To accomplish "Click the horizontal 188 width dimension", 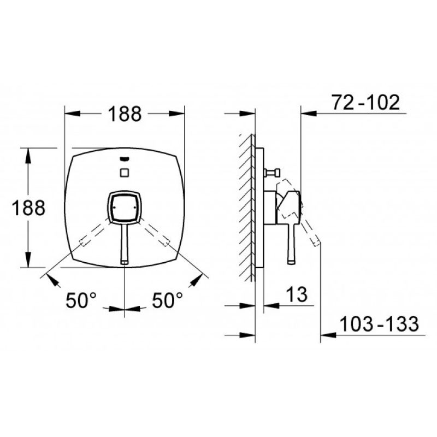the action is [125, 114].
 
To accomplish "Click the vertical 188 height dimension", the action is [28, 208].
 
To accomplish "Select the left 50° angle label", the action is [81, 300].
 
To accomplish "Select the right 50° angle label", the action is [167, 300].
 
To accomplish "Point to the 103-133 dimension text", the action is [379, 324].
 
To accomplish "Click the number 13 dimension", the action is [297, 294].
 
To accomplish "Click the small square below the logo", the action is [125, 173].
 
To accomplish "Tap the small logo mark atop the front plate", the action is [125, 159].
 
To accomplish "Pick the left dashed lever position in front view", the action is [95, 232].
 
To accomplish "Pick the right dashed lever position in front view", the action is [154, 232].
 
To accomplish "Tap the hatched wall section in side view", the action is [247, 208].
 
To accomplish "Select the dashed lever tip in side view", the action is [317, 243].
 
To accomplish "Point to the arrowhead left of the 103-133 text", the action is [329, 335].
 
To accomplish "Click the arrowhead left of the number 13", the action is [271, 305].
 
